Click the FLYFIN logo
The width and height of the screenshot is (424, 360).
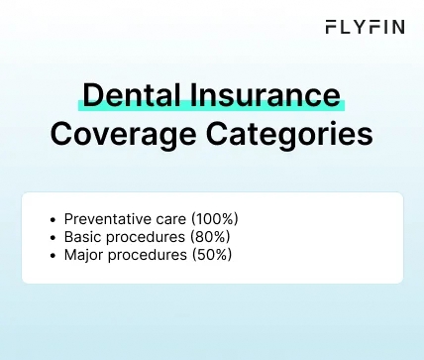pyautogui.click(x=365, y=28)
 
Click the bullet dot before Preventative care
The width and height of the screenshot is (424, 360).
pyautogui.click(x=52, y=218)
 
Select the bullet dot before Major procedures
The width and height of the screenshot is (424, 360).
pyautogui.click(x=52, y=255)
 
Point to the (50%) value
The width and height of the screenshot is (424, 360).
pyautogui.click(x=212, y=255)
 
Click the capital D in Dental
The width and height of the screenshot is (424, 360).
pyautogui.click(x=92, y=95)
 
